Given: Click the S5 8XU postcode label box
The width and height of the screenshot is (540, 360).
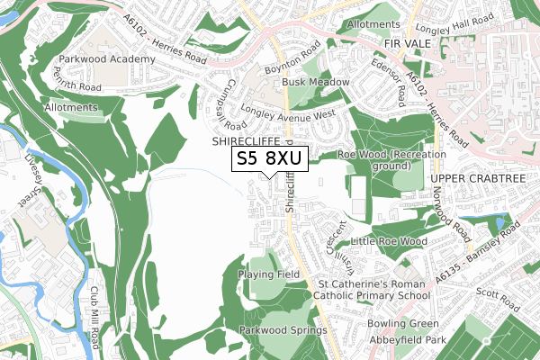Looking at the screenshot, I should click(270, 158).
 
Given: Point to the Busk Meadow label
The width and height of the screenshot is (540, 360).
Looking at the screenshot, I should click(316, 82).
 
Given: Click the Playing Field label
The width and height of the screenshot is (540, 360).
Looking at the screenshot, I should click(268, 274).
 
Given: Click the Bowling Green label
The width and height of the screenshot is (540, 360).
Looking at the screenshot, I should click(403, 323).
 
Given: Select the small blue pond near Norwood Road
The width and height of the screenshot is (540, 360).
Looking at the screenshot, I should click(499, 221).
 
